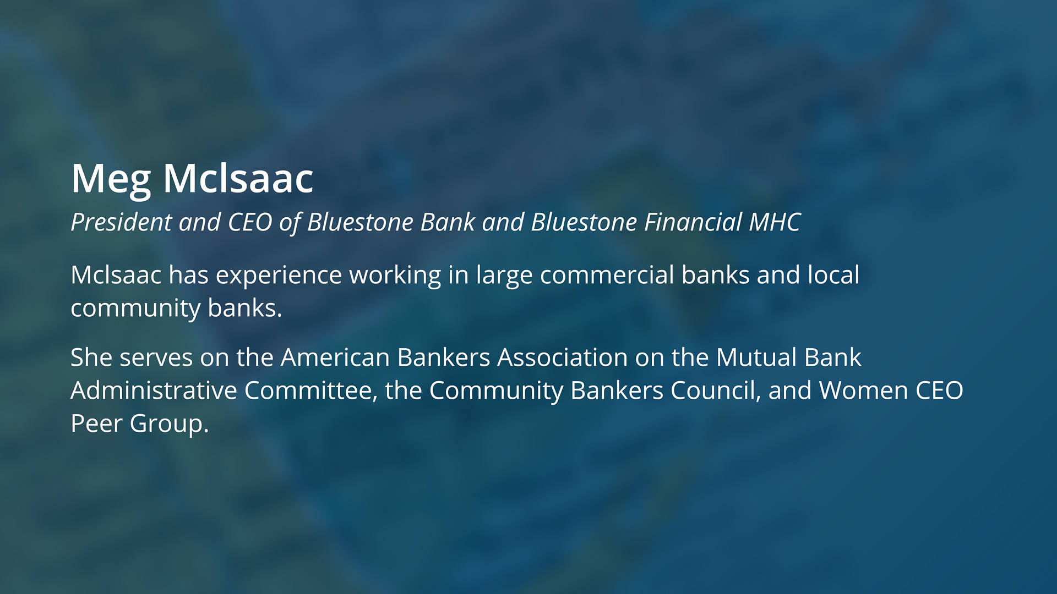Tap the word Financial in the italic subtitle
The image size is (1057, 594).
click(693, 222)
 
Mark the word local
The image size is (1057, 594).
click(833, 275)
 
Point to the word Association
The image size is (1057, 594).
click(563, 358)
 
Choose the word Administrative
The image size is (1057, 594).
click(154, 391)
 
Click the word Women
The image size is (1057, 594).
click(864, 391)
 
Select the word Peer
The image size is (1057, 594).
click(96, 424)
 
